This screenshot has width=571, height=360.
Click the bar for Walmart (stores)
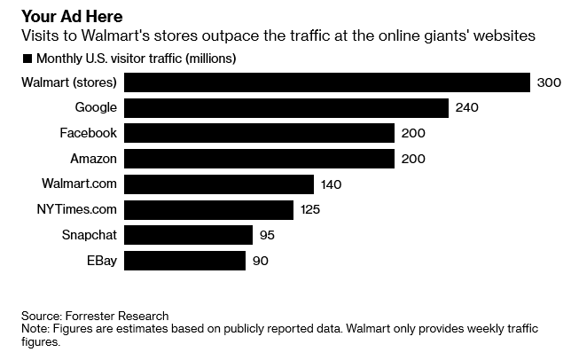click(x=327, y=82)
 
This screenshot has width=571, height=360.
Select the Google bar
click(x=286, y=108)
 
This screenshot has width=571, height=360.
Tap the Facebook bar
click(x=259, y=133)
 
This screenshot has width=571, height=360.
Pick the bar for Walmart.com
click(x=219, y=184)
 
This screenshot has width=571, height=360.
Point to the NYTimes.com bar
click(x=208, y=210)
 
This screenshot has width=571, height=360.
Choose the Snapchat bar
click(x=189, y=235)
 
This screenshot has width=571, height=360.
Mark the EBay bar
click(x=185, y=261)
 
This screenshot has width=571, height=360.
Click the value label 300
click(x=549, y=82)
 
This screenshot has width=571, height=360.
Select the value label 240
click(x=467, y=108)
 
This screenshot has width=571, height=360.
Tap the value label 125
click(x=309, y=210)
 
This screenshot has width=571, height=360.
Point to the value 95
click(x=267, y=235)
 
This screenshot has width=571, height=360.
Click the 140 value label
click(x=331, y=184)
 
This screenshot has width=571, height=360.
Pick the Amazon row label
click(x=93, y=159)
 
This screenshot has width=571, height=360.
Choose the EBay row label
click(x=102, y=261)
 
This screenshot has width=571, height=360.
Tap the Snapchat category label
click(x=90, y=235)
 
